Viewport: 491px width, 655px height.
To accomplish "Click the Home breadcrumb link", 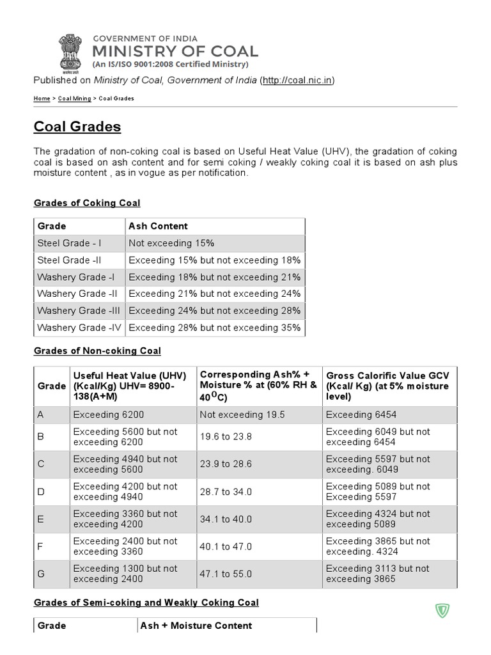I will [x=42, y=99].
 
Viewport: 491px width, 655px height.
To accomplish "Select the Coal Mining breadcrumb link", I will [x=74, y=99].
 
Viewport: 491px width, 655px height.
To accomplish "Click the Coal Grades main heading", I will [x=77, y=127].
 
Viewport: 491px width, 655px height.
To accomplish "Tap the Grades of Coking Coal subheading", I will [x=86, y=203].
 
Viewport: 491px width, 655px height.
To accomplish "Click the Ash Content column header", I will [x=158, y=226].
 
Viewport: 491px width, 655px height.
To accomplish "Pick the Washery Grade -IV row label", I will [x=79, y=327].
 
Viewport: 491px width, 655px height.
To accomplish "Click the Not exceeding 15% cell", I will [x=171, y=243].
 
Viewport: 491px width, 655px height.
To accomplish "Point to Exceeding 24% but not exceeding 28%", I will [x=214, y=311].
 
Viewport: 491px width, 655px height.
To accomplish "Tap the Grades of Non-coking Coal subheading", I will [x=97, y=351].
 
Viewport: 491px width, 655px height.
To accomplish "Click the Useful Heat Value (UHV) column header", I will [x=130, y=386].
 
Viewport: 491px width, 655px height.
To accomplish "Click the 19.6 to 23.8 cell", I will [x=226, y=437].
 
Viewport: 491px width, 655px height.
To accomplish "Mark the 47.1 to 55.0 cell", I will [x=226, y=574].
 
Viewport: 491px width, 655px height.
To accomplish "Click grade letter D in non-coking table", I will [x=41, y=491].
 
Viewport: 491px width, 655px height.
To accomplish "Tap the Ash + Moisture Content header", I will [x=196, y=626].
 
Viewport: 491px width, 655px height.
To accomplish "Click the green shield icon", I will [x=442, y=612].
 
